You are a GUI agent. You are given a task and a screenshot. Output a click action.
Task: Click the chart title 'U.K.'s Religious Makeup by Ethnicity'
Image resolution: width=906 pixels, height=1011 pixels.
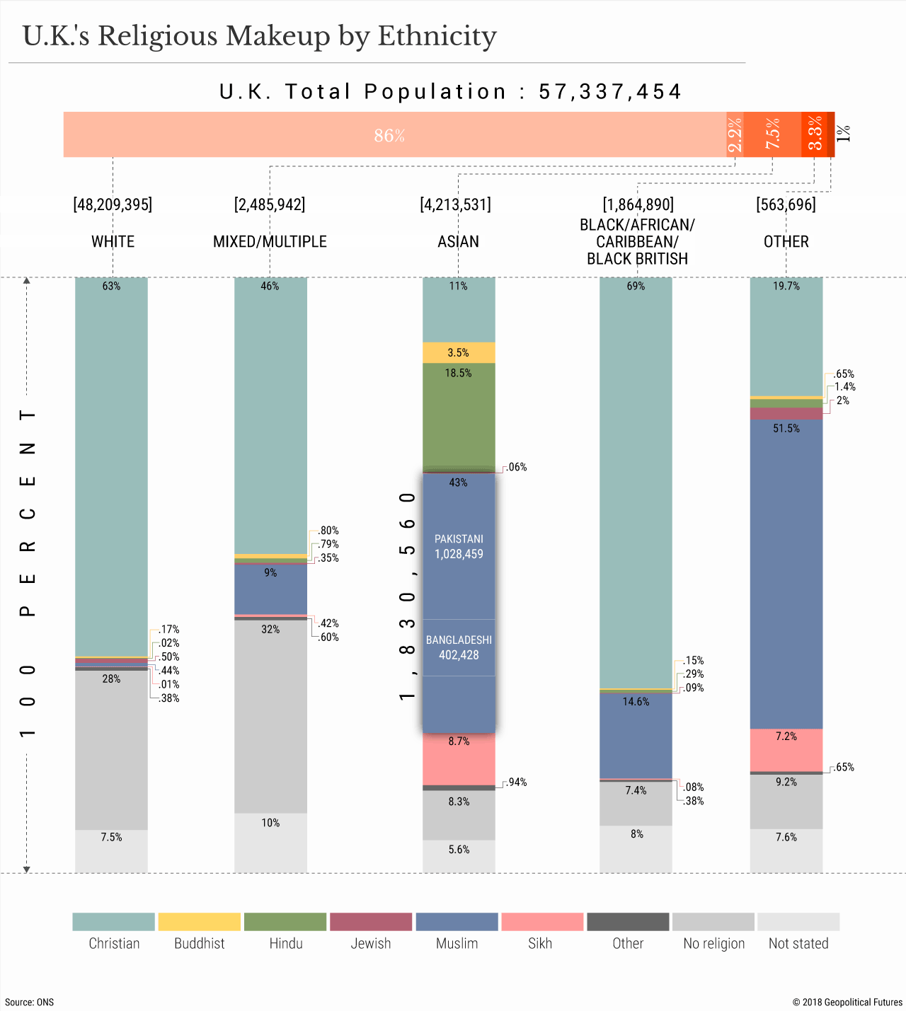(260, 36)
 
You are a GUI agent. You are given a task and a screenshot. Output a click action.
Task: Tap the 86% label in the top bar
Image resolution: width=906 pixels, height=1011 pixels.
(389, 135)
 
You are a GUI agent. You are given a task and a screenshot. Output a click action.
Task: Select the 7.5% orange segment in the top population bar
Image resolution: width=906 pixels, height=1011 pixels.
(772, 134)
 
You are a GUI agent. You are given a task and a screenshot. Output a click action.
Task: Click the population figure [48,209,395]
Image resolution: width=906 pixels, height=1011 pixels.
(113, 204)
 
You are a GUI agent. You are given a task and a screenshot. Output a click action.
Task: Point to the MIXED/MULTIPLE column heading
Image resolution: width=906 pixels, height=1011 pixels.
(270, 241)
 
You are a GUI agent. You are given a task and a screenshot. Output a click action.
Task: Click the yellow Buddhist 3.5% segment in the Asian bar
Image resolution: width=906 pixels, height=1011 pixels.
(459, 352)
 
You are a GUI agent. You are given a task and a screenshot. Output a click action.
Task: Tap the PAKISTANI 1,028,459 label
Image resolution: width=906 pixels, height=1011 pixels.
(459, 547)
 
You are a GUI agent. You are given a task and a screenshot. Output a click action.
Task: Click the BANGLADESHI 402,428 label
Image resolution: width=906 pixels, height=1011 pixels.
(459, 647)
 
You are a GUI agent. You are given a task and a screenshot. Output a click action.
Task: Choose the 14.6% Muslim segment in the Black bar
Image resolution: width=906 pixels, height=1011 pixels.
(636, 736)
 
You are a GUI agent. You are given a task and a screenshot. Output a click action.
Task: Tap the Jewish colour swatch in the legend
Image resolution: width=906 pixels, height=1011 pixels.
(371, 922)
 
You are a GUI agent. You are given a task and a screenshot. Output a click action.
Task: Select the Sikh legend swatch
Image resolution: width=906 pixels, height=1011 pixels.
(542, 922)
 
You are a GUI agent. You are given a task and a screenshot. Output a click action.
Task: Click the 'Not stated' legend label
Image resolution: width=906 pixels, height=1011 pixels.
(798, 943)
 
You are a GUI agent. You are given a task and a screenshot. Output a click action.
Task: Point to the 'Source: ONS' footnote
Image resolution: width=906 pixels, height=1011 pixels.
(29, 1002)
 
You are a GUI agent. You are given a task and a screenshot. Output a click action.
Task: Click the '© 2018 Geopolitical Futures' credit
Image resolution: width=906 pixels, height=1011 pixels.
(847, 1002)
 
